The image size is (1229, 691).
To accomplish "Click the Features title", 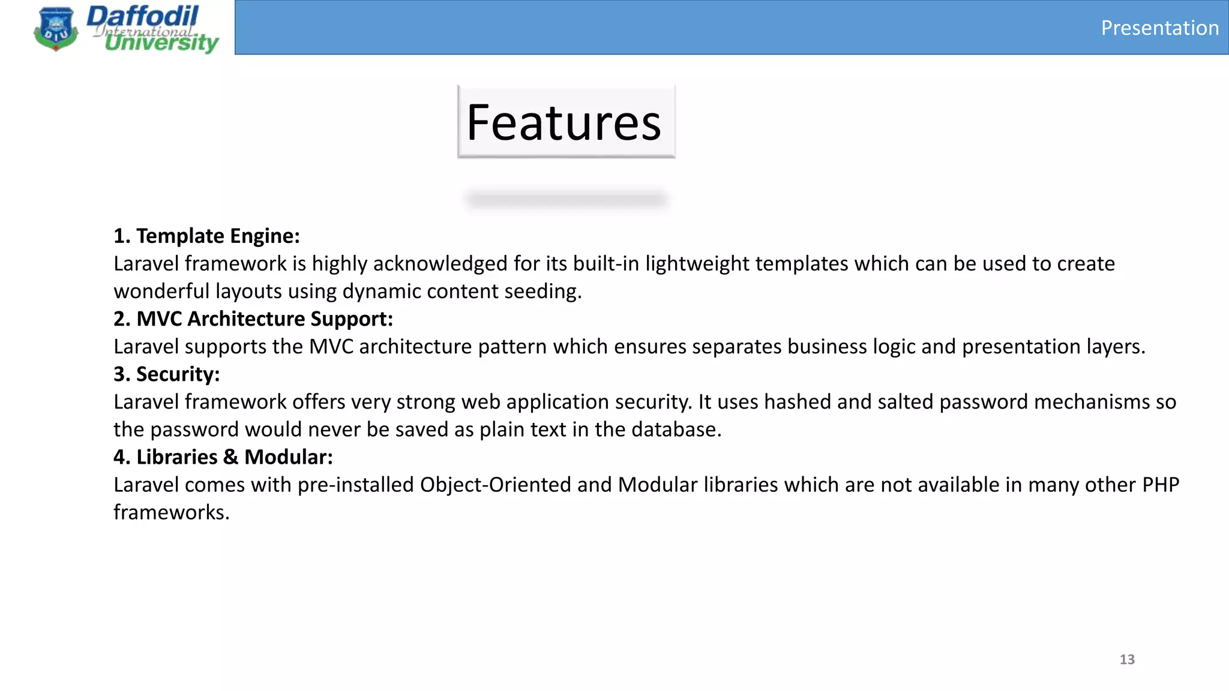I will click(x=564, y=122).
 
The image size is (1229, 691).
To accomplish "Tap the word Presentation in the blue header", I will click(x=1159, y=28).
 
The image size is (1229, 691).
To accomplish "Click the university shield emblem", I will click(x=56, y=29).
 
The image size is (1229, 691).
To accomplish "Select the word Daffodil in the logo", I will click(x=143, y=16).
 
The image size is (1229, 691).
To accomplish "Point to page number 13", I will click(x=1127, y=659).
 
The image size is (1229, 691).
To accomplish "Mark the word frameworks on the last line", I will click(x=171, y=512).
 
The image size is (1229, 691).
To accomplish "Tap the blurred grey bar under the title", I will click(x=566, y=199).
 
